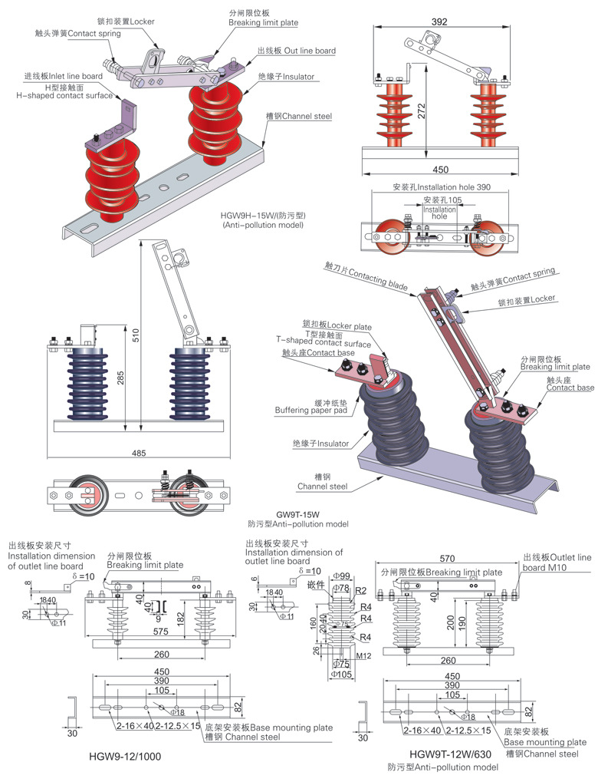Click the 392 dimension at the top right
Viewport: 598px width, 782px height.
[x=439, y=22]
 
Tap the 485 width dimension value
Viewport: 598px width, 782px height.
[x=139, y=454]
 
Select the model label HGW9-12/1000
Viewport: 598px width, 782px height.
[x=124, y=756]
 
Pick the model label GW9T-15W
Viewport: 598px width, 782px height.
[x=297, y=514]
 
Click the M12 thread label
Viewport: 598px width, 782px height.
[x=364, y=655]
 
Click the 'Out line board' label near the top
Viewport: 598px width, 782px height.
[x=296, y=51]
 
